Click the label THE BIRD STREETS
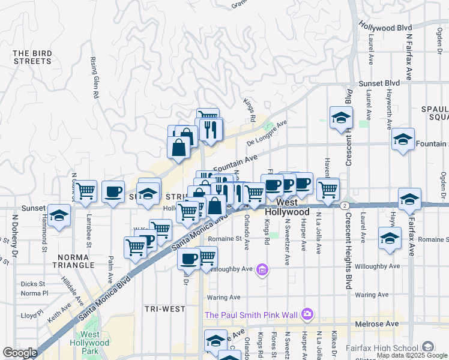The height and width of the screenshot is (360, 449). pyautogui.click(x=32, y=57)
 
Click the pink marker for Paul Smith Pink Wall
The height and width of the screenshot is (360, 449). pyautogui.click(x=308, y=314)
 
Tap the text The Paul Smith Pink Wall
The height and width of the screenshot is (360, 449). pyautogui.click(x=252, y=314)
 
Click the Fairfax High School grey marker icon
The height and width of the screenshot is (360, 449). pyautogui.click(x=428, y=347)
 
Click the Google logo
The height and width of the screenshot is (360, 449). pyautogui.click(x=20, y=353)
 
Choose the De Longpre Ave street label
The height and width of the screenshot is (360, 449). pyautogui.click(x=267, y=135)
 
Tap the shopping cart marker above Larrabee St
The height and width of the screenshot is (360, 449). pyautogui.click(x=86, y=191)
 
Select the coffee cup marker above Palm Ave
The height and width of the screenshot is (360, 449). pyautogui.click(x=113, y=191)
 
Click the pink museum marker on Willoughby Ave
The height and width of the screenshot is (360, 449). pyautogui.click(x=262, y=271)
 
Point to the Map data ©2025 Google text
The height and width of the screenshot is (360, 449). pyautogui.click(x=412, y=355)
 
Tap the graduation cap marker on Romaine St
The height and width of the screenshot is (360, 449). pyautogui.click(x=390, y=239)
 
